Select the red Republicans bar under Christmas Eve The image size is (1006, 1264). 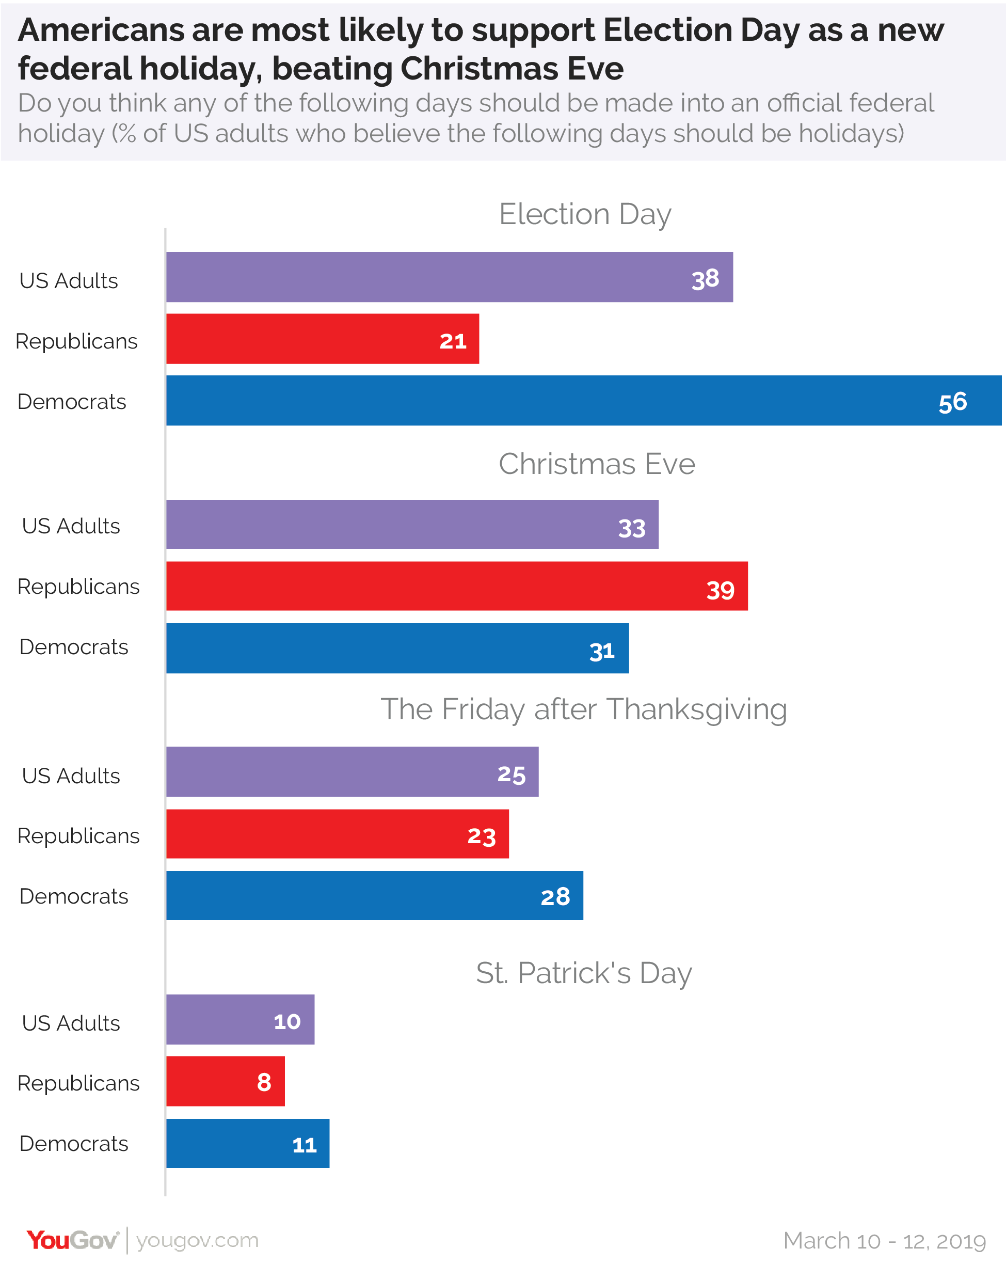point(456,586)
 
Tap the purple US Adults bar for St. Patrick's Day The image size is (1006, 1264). point(240,1020)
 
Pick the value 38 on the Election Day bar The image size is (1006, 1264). point(705,279)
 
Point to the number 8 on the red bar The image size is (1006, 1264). point(264,1082)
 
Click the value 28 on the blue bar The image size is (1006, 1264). point(555,896)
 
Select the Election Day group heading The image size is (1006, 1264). point(584,214)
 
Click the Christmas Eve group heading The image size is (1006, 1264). point(597,464)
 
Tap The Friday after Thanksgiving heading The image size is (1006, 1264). point(584,709)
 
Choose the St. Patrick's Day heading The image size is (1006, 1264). point(584,973)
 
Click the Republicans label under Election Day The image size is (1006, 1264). point(76,341)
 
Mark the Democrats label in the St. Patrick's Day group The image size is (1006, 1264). point(74,1144)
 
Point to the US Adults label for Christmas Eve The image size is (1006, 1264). point(71,526)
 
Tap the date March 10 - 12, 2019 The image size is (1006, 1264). point(884,1241)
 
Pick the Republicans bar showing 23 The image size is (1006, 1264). point(337,834)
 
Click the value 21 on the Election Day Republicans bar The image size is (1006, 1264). point(453,341)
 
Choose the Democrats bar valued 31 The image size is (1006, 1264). point(397,649)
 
